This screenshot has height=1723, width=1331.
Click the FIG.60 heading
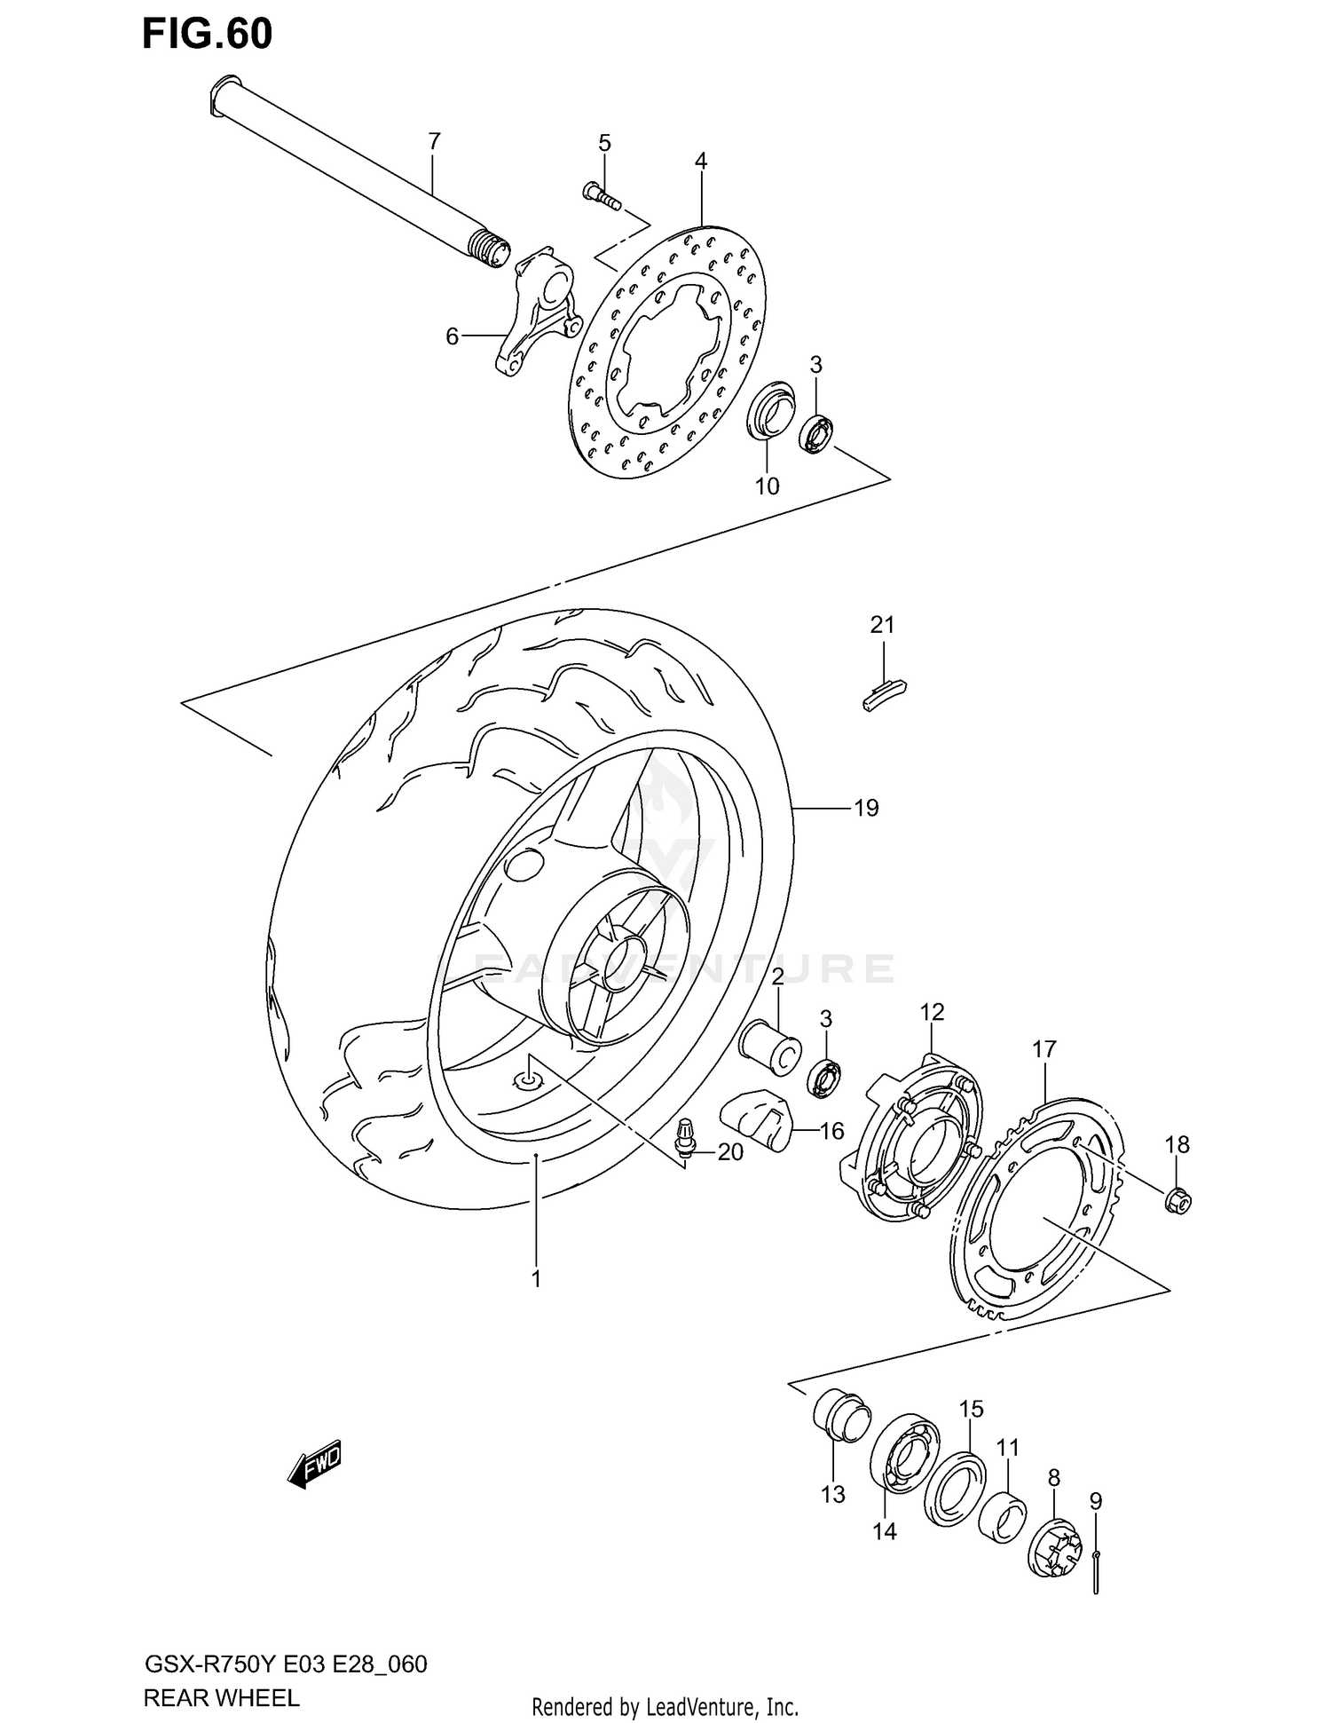pyautogui.click(x=208, y=35)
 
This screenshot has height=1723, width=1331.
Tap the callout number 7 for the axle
pyautogui.click(x=434, y=141)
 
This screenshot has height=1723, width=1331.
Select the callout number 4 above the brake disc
pyautogui.click(x=701, y=161)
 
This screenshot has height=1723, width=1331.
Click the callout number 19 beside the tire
pyautogui.click(x=866, y=808)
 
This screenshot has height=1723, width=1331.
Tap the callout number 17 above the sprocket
pyautogui.click(x=1044, y=1049)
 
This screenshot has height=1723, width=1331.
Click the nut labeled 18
pyautogui.click(x=1178, y=1201)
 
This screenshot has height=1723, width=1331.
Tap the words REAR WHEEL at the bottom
pyautogui.click(x=221, y=1699)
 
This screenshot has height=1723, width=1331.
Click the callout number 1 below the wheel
pyautogui.click(x=536, y=1279)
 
